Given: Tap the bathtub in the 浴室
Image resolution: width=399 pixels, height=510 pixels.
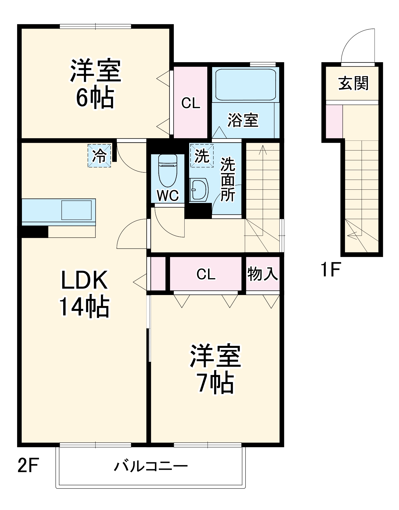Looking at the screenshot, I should pos(246,85).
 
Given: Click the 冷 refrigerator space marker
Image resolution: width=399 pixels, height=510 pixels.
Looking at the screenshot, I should pos(99,156).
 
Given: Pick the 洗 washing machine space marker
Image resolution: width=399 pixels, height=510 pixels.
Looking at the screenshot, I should pos(202,156).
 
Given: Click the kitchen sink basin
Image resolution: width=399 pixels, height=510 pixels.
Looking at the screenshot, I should pos(76,210).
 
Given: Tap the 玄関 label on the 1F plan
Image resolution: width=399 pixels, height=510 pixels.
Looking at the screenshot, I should pos(353,83).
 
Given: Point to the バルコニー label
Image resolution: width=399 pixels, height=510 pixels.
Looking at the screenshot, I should pos(151,466).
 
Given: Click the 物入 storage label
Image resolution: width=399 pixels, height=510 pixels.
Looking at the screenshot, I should pos(263,274).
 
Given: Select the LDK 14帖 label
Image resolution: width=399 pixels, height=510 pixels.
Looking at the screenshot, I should pos(84,293).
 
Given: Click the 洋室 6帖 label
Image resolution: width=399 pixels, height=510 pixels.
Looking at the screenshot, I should pos(95,84).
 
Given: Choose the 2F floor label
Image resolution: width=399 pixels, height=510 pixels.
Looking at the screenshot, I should pos(28,465).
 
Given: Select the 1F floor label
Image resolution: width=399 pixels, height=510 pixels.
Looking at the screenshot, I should pos(330,270).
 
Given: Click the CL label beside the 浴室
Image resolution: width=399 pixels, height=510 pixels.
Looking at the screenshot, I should pos(191,103).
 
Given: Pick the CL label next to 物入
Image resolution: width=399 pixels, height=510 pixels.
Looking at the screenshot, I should pos(206,274).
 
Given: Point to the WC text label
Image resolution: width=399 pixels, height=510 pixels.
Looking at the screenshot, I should pos(168,196).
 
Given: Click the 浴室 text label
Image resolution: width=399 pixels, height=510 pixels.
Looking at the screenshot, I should pos(243,120).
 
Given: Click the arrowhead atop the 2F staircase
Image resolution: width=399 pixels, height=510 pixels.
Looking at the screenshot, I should pos(263,149).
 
